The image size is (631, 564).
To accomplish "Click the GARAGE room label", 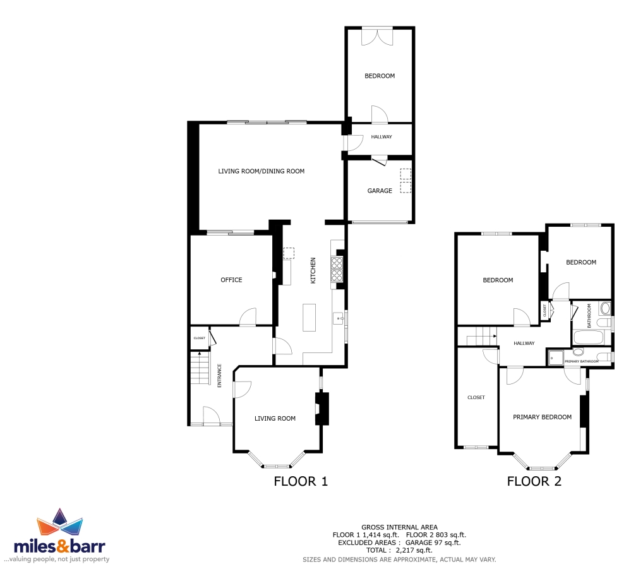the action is coord(380,191).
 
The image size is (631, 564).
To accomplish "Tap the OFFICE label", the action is coord(231,280).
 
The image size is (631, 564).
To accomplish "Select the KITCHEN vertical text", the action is coord(313,270).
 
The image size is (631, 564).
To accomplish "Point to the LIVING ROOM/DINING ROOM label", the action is coord(261,171).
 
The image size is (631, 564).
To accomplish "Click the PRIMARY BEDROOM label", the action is coord(542,417).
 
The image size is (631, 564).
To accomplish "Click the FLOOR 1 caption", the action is coord(301,481).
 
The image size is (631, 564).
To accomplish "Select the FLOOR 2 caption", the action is coord(534,481).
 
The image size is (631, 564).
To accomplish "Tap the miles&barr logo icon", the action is coord(59,521).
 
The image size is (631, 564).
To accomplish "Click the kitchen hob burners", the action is coord(337,269).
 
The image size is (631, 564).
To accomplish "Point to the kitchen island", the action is coord(309,318).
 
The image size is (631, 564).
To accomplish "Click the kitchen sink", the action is coord(339,318).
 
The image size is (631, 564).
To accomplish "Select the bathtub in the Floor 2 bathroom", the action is coord(588,337).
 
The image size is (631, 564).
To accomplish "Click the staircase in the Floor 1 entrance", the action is coord(200,368).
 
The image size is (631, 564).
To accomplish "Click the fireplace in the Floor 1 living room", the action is coord(322,409).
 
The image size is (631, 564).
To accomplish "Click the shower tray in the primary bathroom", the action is coord(556,357).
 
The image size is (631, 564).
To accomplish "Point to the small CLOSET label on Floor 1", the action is coord(200,338).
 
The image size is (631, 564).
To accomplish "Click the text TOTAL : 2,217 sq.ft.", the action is coord(399,550).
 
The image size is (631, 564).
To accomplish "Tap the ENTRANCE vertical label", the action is coord(219,375).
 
